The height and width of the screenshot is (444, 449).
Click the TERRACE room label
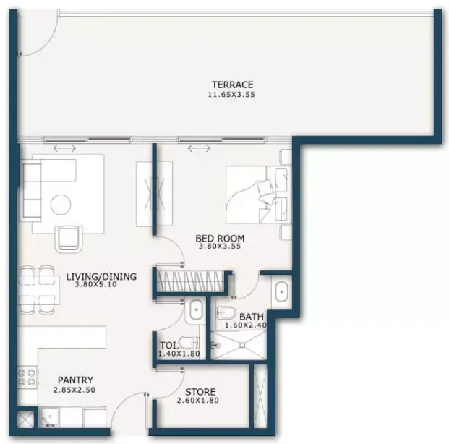[233, 85]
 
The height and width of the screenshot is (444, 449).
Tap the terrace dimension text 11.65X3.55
[231, 95]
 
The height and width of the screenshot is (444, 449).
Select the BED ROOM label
[220, 239]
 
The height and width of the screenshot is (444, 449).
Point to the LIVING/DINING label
[101, 277]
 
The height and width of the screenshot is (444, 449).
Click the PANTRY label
[75, 380]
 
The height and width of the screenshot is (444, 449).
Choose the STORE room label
[200, 392]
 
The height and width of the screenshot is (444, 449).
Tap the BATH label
[252, 317]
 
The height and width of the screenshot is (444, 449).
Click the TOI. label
[169, 345]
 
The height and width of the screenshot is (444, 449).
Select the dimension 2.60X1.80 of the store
[197, 401]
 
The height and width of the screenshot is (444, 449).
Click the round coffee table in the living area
[61, 205]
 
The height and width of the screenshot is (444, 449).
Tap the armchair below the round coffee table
[68, 239]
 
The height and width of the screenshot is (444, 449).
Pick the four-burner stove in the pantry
[27, 377]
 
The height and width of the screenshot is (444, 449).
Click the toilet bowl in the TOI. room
[188, 343]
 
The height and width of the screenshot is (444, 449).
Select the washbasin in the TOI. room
[196, 309]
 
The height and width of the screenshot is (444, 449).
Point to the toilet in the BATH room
[226, 313]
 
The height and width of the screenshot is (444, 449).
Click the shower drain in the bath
[242, 346]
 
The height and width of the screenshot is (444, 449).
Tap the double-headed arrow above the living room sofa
[65, 148]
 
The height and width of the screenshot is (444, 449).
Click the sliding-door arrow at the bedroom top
[199, 148]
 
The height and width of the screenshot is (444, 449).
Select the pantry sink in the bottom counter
[49, 417]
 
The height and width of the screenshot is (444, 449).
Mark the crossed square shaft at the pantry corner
[25, 420]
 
